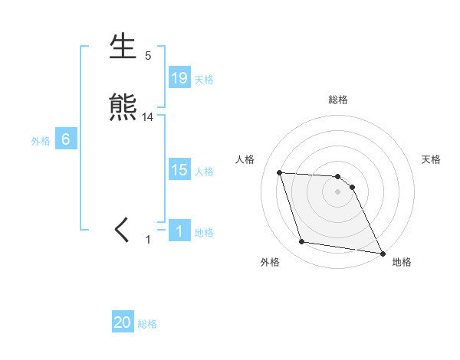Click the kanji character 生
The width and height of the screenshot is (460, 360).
pyautogui.click(x=124, y=47)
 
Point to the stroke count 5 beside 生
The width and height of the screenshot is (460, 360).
pyautogui.click(x=148, y=56)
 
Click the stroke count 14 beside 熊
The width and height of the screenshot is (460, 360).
pyautogui.click(x=148, y=117)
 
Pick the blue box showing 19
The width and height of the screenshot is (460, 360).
pyautogui.click(x=179, y=77)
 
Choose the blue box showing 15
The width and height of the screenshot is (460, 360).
pyautogui.click(x=179, y=170)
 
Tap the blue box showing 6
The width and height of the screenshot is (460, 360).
pyautogui.click(x=66, y=139)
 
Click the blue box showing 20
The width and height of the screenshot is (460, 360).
pyautogui.click(x=123, y=322)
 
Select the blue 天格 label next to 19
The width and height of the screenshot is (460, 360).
pyautogui.click(x=204, y=79)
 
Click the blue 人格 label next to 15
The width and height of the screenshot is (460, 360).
pyautogui.click(x=204, y=172)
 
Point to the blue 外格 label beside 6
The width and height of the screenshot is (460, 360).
pyautogui.click(x=41, y=141)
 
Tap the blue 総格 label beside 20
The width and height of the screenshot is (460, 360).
pyautogui.click(x=147, y=324)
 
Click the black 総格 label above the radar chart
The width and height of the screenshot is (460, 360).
pyautogui.click(x=338, y=100)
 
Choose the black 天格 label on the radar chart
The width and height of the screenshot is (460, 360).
pyautogui.click(x=432, y=159)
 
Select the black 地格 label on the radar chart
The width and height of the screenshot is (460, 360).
pyautogui.click(x=402, y=263)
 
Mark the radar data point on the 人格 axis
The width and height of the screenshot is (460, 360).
pyautogui.click(x=280, y=173)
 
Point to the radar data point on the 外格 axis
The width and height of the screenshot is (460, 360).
pyautogui.click(x=302, y=242)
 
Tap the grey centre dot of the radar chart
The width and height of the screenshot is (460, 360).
pyautogui.click(x=338, y=192)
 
